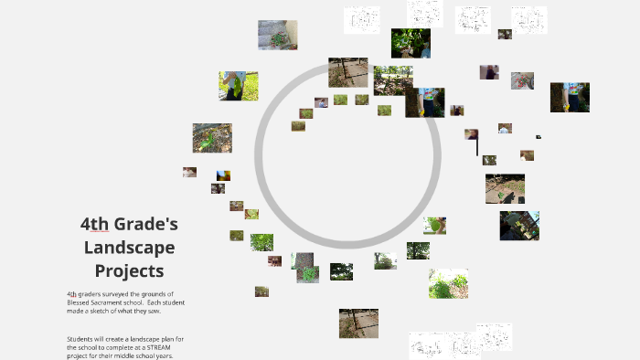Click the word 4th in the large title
click(x=95, y=224)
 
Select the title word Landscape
click(x=129, y=248)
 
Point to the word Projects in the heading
click(x=129, y=270)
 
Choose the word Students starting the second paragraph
click(x=80, y=339)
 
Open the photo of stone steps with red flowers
click(x=277, y=35)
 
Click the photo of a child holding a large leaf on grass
click(x=238, y=86)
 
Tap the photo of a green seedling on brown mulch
click(x=212, y=138)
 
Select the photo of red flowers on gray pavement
click(x=522, y=80)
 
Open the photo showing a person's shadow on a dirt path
click(x=505, y=188)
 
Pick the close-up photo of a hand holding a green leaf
click(x=435, y=225)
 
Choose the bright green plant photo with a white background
click(x=448, y=283)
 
